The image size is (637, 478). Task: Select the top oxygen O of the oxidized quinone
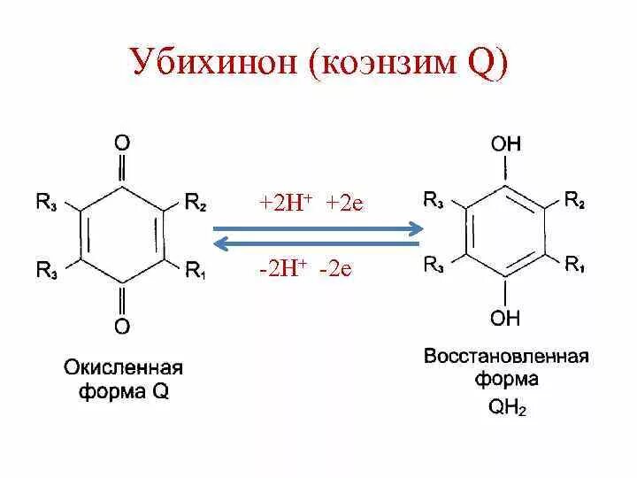pyautogui.click(x=122, y=142)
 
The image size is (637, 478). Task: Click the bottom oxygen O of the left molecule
pyautogui.click(x=122, y=327)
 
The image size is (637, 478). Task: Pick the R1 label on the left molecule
pyautogui.click(x=196, y=270)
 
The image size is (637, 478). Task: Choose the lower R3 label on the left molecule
pyautogui.click(x=48, y=270)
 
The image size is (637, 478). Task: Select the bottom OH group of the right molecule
pyautogui.click(x=507, y=317)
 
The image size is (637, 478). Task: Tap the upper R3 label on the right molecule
pyautogui.click(x=434, y=198)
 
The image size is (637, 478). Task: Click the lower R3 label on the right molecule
pyautogui.click(x=434, y=263)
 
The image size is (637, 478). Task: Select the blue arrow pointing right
pyautogui.click(x=318, y=228)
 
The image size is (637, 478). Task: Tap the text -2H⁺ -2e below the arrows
pyautogui.click(x=305, y=268)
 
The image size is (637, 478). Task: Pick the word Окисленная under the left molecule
pyautogui.click(x=122, y=366)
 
